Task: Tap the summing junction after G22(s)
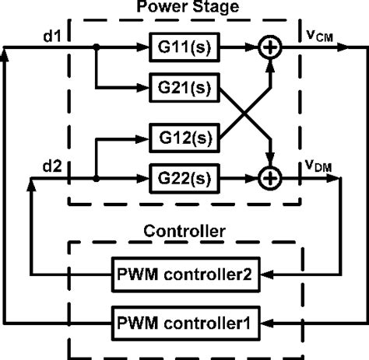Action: click(x=269, y=177)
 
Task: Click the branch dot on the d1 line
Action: click(x=94, y=48)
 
